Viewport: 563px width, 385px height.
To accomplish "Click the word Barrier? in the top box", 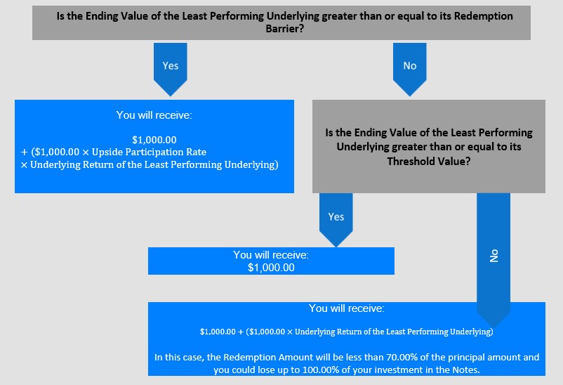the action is point(285,28).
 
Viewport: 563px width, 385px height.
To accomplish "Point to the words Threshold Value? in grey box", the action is point(429,161).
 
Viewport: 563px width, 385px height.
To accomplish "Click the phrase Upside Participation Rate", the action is point(149,152).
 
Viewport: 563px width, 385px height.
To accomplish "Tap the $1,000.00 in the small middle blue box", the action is point(271,268).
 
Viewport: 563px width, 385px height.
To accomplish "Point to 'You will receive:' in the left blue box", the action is point(154,115).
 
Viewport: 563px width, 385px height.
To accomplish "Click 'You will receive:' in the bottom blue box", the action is point(347,308).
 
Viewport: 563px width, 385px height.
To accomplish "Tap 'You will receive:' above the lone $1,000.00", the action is point(271,255).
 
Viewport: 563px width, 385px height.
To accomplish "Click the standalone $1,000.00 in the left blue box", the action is point(154,140).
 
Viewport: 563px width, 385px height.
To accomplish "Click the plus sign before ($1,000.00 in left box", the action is point(24,152).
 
